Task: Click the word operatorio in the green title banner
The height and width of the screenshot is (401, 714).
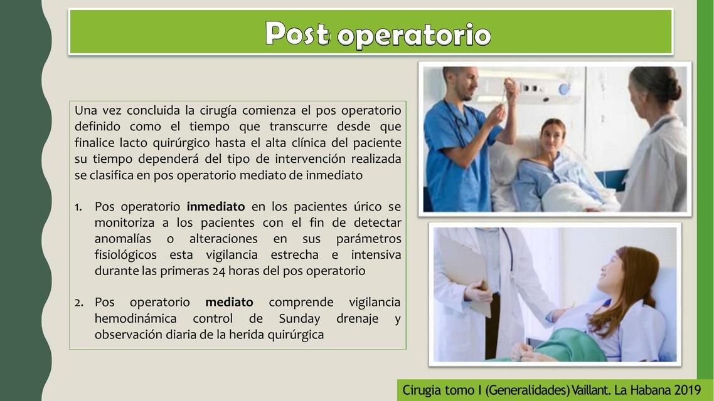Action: pos(413,35)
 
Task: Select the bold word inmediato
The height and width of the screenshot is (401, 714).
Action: pos(216,207)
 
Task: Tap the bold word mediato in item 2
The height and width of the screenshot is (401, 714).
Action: pos(229,303)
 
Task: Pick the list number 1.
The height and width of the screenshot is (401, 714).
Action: pos(79,207)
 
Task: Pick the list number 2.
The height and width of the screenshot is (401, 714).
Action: pos(79,303)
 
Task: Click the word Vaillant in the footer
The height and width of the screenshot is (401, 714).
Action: pos(590,390)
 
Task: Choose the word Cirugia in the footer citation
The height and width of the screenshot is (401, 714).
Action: pos(422,390)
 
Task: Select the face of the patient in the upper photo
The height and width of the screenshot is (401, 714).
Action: pos(551,135)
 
